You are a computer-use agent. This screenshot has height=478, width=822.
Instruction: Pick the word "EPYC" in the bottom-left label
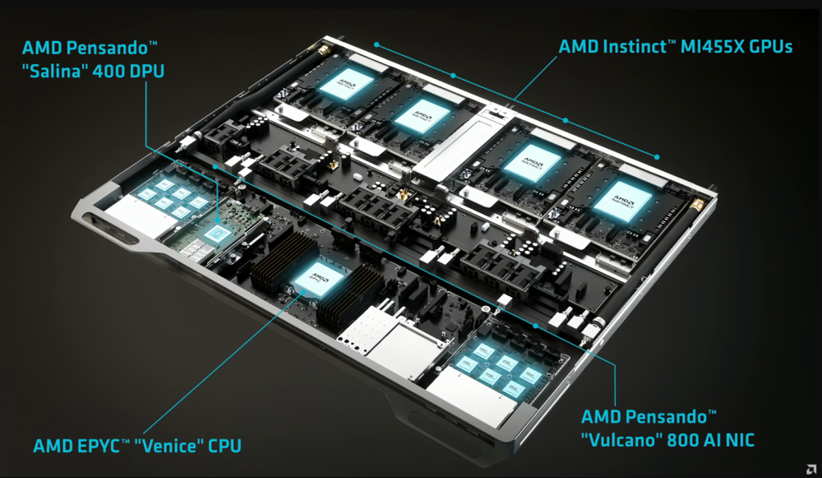97,447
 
